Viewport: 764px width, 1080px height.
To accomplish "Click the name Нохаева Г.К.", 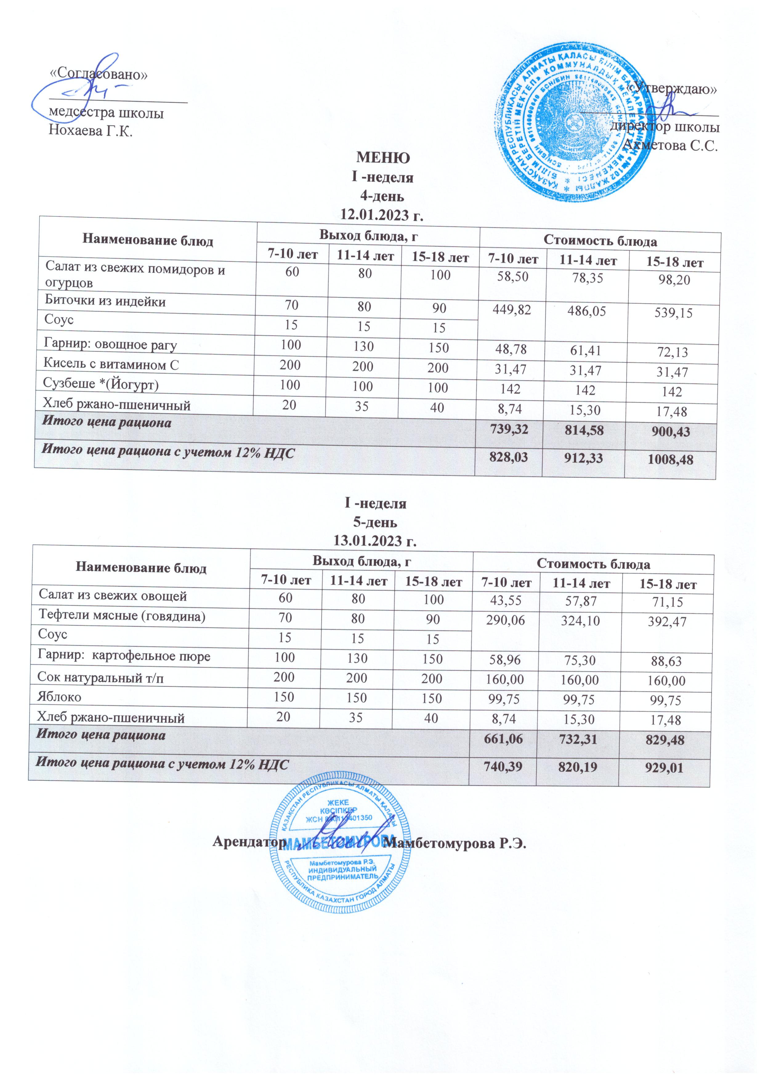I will coord(91,131).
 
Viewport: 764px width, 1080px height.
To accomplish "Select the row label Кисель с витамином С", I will coord(111,365).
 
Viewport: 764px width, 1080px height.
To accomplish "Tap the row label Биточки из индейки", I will coord(105,301).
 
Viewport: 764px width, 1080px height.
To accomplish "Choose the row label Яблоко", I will coord(59,697).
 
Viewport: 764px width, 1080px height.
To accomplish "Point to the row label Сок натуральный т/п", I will coord(101,678).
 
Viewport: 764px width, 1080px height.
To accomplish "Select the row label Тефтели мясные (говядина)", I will coord(121,615).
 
